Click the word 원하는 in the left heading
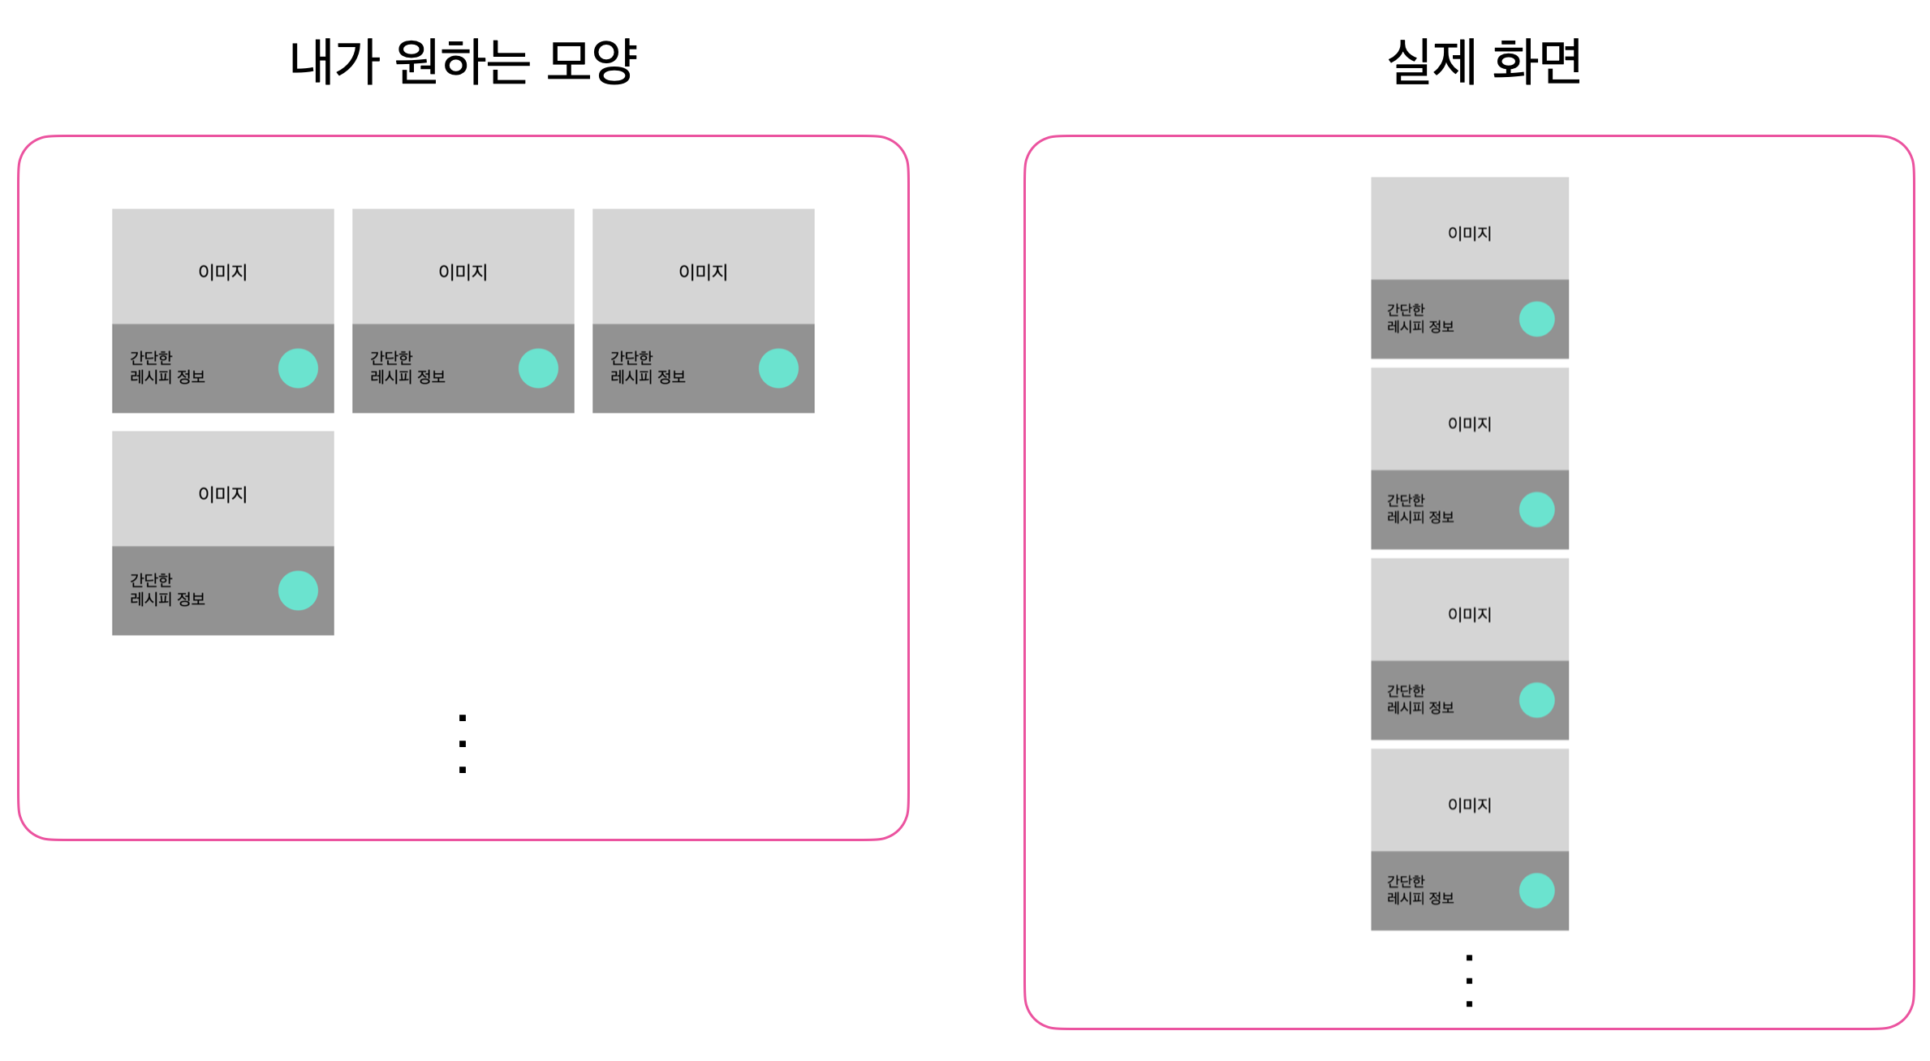(x=462, y=62)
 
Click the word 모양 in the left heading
(x=592, y=62)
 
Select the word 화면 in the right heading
(x=1536, y=62)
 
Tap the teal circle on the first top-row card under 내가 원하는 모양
(x=298, y=368)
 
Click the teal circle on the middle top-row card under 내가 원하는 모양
(x=538, y=368)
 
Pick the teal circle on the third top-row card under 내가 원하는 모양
(x=778, y=368)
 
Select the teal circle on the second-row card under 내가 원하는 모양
(x=298, y=591)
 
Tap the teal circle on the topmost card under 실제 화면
(x=1536, y=319)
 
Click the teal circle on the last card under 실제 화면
(x=1536, y=891)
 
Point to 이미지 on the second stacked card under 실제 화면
(x=1469, y=424)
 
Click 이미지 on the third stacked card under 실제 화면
(x=1469, y=615)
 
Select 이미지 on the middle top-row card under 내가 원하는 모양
(x=463, y=273)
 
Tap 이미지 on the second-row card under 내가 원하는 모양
(x=222, y=495)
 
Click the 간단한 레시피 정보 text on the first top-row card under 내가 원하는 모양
(x=167, y=367)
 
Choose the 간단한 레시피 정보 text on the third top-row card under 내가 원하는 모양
(x=648, y=367)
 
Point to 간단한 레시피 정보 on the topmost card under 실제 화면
(x=1419, y=319)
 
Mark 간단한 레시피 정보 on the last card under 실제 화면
(x=1419, y=890)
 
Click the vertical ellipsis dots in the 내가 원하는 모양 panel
(x=463, y=744)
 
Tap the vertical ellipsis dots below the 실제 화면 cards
(x=1469, y=981)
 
